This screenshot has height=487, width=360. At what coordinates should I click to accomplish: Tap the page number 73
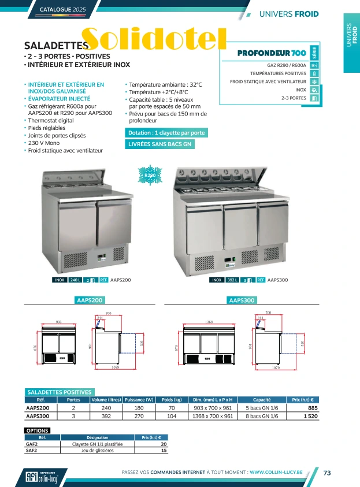(x=327, y=473)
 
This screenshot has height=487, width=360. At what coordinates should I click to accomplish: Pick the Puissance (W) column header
(x=139, y=400)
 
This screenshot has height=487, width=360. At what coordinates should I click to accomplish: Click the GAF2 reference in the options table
(x=32, y=444)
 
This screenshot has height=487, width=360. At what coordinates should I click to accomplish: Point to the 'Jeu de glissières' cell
(x=97, y=451)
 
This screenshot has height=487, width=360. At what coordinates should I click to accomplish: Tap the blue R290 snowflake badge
(x=150, y=174)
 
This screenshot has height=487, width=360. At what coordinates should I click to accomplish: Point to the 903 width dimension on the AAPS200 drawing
(x=59, y=321)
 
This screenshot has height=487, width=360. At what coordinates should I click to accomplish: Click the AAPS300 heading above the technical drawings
(x=242, y=301)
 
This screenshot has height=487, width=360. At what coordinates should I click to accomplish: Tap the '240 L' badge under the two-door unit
(x=75, y=280)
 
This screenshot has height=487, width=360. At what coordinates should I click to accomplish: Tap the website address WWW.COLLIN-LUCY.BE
(x=276, y=472)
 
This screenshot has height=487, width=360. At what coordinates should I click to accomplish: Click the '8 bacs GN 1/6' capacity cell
(x=262, y=415)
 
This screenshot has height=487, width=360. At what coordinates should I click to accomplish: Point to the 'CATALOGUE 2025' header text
(x=63, y=9)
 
